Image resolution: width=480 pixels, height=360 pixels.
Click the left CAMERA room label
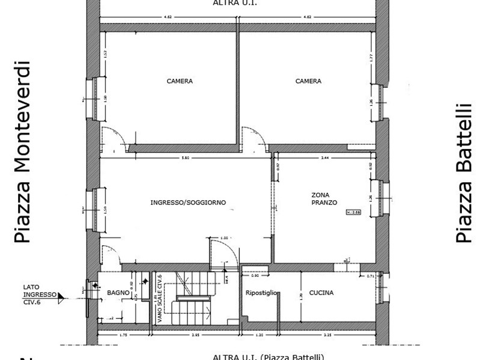(x=180, y=81)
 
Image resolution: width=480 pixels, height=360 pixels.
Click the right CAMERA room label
(x=308, y=81)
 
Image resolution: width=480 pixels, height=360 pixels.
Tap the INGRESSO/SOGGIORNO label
(x=188, y=203)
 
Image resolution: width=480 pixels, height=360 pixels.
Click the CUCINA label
(x=321, y=293)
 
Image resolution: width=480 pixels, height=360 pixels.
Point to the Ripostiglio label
(x=262, y=293)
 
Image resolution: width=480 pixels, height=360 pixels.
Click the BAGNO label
(x=118, y=293)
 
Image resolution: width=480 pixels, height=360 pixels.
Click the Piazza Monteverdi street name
(x=22, y=151)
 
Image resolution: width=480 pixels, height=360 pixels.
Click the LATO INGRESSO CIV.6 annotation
(x=39, y=294)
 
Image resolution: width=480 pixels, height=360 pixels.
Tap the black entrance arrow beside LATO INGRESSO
(x=61, y=296)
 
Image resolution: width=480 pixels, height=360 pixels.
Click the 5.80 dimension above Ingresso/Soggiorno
(x=186, y=157)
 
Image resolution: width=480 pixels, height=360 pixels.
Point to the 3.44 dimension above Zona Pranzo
(x=324, y=157)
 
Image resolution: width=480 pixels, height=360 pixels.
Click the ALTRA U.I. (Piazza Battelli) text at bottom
(x=269, y=356)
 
